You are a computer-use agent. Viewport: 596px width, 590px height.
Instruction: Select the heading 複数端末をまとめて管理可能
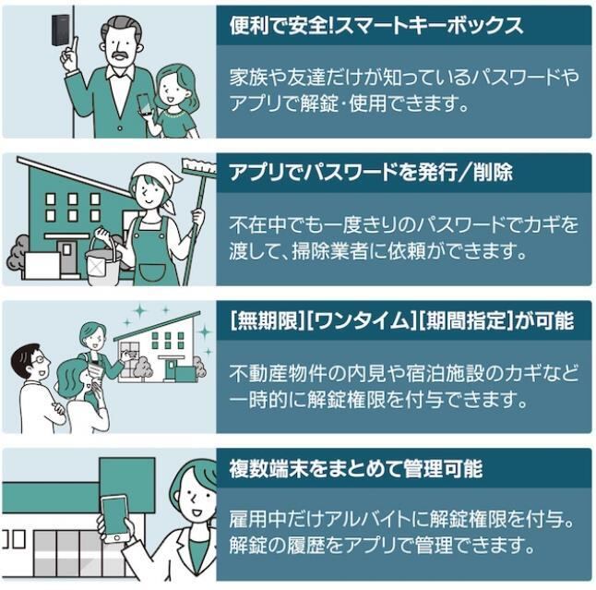355,468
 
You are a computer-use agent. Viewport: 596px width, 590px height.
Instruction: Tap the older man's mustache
119,56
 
